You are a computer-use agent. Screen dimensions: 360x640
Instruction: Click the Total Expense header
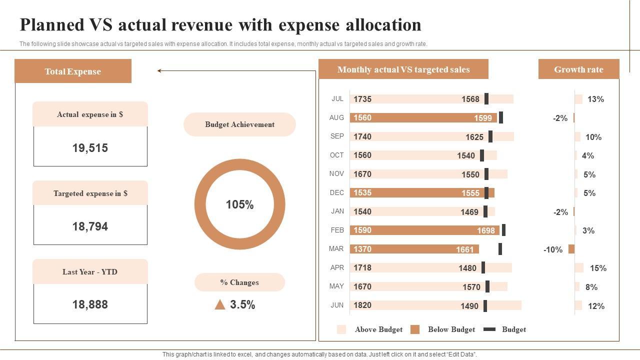(x=73, y=71)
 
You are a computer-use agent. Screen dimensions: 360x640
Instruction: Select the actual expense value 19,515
(x=90, y=148)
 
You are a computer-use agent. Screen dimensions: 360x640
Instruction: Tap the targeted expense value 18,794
(x=90, y=226)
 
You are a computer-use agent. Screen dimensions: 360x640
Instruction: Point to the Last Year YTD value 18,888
(x=90, y=304)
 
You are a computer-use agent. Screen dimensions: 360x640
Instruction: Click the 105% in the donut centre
(x=239, y=204)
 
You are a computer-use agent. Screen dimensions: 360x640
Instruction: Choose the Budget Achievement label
(x=239, y=124)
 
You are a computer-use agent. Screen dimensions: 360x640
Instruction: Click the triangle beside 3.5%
(x=220, y=304)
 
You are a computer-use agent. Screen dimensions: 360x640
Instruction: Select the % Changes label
(x=239, y=282)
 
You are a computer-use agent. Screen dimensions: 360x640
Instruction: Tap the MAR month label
(x=336, y=248)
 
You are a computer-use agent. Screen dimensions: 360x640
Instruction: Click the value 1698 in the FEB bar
(x=485, y=230)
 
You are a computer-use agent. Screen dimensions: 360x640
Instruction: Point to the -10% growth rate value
(x=553, y=249)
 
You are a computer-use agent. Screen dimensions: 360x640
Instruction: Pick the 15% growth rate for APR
(x=598, y=268)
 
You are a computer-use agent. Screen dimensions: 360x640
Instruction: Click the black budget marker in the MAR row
(x=500, y=249)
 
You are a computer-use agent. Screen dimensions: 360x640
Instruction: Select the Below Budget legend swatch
(x=414, y=329)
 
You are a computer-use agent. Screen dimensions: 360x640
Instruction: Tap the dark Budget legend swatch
(x=490, y=329)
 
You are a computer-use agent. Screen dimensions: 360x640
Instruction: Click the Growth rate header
(x=578, y=69)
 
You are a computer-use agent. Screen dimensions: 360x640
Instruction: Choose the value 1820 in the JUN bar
(x=362, y=305)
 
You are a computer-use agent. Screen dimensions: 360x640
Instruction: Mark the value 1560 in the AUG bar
(x=362, y=117)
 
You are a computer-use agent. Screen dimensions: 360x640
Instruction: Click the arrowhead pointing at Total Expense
(x=159, y=71)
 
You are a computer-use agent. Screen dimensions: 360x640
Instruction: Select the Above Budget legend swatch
(x=341, y=329)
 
